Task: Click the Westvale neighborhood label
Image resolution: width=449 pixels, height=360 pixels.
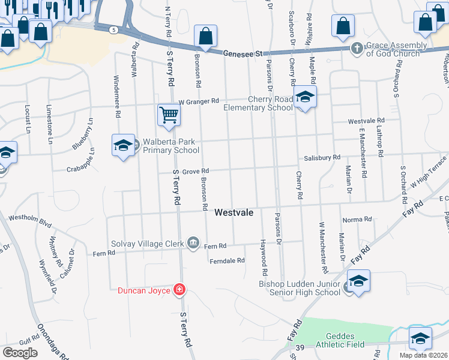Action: click(x=234, y=212)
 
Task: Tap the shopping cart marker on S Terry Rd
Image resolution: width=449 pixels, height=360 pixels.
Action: click(x=169, y=114)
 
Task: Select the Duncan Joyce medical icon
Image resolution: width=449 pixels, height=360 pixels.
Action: click(x=179, y=290)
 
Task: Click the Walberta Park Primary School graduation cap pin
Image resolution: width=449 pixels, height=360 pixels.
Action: click(x=123, y=146)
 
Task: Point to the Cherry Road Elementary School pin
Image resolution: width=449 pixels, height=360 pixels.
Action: click(x=305, y=97)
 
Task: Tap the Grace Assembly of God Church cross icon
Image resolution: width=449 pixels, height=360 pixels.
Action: click(x=357, y=47)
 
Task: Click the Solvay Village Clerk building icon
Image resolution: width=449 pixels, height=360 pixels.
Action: click(x=193, y=242)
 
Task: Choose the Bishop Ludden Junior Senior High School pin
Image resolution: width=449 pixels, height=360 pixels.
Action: click(x=358, y=281)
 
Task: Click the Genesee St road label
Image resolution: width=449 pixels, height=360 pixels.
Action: click(x=243, y=53)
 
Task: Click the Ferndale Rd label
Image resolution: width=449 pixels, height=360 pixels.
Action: click(x=228, y=260)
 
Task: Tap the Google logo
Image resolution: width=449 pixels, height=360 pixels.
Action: click(x=20, y=352)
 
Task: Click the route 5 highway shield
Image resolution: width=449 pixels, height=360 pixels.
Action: click(x=113, y=29)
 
